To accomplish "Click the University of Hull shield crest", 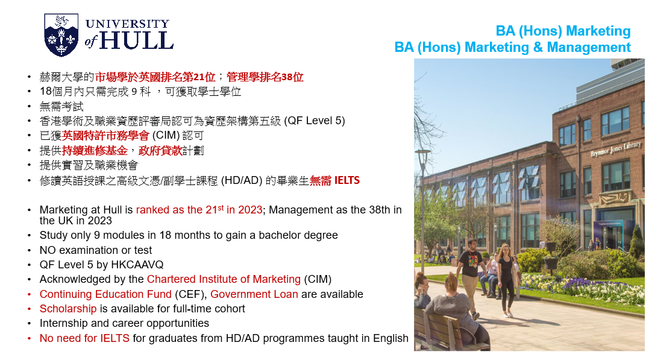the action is click(x=61, y=35).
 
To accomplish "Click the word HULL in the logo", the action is click(x=136, y=40).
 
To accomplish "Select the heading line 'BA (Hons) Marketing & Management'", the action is click(x=512, y=47).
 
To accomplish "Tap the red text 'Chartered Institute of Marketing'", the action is click(x=224, y=279).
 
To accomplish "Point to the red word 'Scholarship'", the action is click(x=68, y=309).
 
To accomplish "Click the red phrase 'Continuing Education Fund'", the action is click(x=105, y=294).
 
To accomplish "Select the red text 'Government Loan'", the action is click(x=254, y=294).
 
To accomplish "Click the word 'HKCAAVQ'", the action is click(x=137, y=265).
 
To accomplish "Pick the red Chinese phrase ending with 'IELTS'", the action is click(x=334, y=181).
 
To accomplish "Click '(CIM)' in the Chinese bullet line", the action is click(x=166, y=136).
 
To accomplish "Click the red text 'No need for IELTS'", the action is click(x=84, y=338).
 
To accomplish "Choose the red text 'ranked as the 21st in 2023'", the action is click(x=199, y=210).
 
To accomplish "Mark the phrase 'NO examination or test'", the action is click(x=96, y=250).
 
